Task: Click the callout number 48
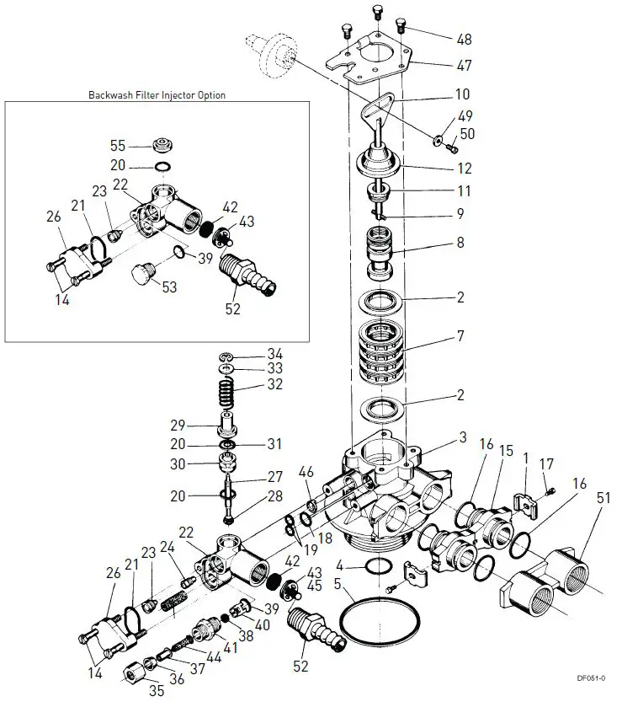point(464,40)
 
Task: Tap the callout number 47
point(464,66)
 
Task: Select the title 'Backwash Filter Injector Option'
point(157,94)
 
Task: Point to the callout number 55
point(118,146)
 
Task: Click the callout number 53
point(169,287)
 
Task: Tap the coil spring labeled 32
point(226,393)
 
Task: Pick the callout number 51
point(603,498)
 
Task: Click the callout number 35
point(157,690)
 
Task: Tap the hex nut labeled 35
point(133,674)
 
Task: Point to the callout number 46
point(306,472)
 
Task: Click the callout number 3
point(463,437)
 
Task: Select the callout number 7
point(460,336)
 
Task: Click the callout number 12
point(465,169)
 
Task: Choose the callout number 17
point(546,463)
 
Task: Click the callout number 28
point(274,496)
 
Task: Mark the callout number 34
point(274,354)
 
